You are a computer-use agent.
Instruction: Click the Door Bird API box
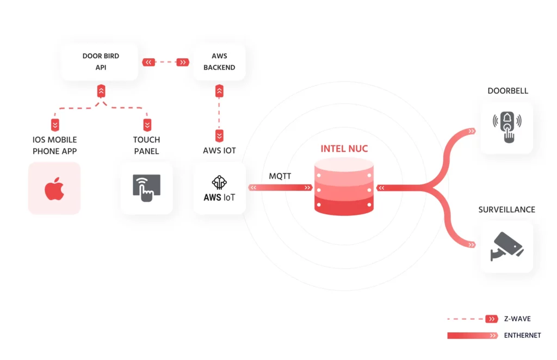coord(100,61)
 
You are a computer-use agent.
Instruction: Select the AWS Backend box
coord(219,61)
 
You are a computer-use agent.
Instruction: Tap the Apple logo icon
coord(54,189)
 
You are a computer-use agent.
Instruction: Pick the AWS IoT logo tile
coord(219,189)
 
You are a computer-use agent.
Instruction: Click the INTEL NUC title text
coord(344,148)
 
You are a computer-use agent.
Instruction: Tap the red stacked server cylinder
coord(344,185)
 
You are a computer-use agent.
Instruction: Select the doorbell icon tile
coord(507,127)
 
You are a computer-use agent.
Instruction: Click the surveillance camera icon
coord(507,246)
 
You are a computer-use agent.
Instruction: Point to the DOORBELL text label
coord(508,91)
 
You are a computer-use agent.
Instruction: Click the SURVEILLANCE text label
coord(507,209)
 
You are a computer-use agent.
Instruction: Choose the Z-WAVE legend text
coord(517,319)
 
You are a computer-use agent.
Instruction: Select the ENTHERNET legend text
coord(522,336)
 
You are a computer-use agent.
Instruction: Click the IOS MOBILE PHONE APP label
coord(54,145)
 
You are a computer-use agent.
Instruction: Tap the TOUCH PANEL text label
coord(146,145)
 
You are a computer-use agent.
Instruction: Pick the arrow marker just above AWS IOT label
coord(219,135)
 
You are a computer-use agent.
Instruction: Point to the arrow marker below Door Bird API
coord(101,91)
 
